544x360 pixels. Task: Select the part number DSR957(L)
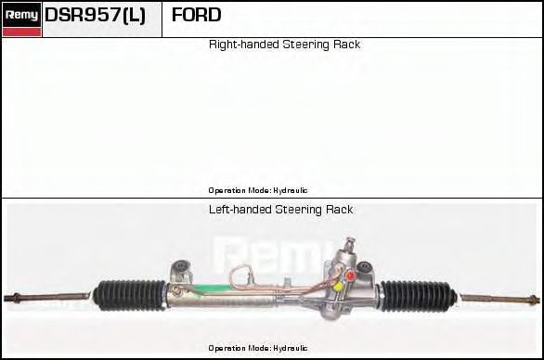(x=95, y=15)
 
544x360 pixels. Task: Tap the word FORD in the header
(x=197, y=15)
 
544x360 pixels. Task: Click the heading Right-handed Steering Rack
(x=284, y=45)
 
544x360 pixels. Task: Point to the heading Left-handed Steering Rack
(x=280, y=210)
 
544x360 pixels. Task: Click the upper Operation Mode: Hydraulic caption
(x=258, y=190)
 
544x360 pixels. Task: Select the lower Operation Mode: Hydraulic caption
(x=258, y=348)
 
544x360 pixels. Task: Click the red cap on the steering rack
(x=351, y=276)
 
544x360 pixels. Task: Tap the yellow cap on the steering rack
(x=337, y=287)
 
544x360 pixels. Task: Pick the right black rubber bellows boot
(x=419, y=295)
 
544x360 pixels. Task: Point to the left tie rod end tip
(x=6, y=298)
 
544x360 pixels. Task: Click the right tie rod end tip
(x=538, y=300)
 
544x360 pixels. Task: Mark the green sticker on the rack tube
(x=212, y=289)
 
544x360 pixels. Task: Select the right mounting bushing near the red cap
(x=365, y=269)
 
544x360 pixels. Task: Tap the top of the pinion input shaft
(x=350, y=239)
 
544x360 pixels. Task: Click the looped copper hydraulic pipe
(x=240, y=276)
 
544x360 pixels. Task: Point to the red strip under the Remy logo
(x=22, y=32)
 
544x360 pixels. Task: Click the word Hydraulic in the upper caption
(x=290, y=190)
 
